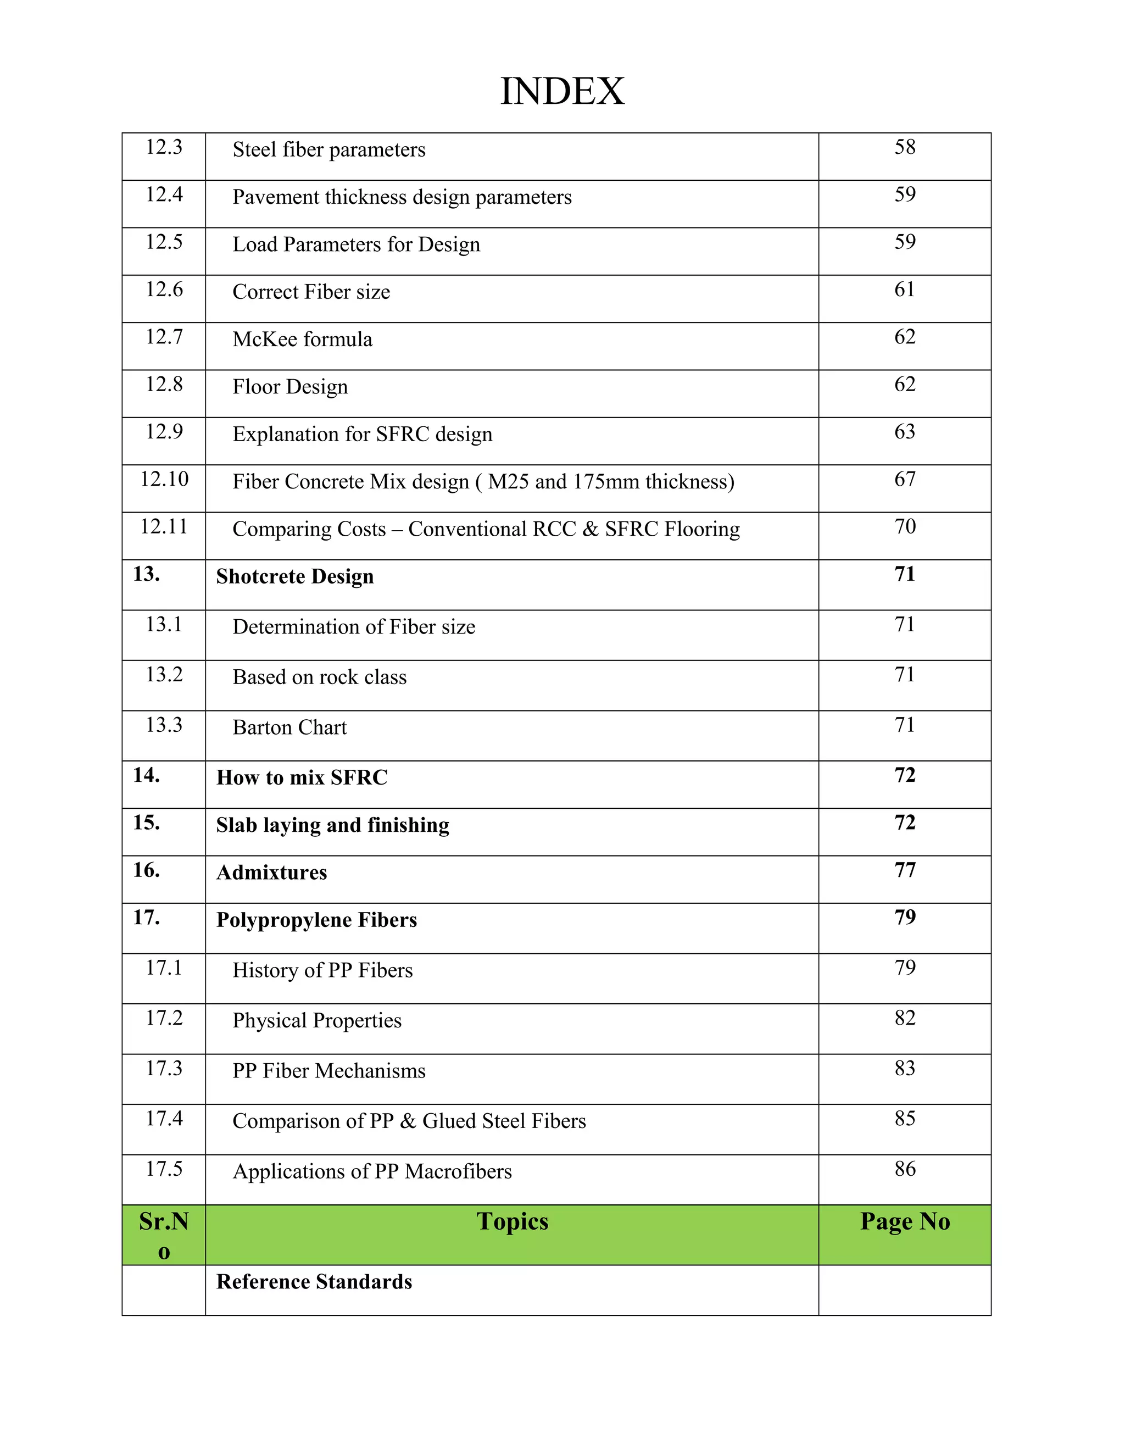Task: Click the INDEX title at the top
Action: (562, 91)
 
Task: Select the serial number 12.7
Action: (164, 337)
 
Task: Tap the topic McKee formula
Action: (302, 340)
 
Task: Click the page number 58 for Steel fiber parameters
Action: (904, 147)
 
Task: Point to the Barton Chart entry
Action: (289, 727)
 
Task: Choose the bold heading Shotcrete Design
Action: (294, 577)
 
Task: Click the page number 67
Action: (904, 479)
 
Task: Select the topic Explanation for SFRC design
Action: (362, 435)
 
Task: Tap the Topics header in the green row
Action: (512, 1221)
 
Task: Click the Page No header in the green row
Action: (904, 1221)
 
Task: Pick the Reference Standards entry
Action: (314, 1282)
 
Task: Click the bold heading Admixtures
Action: (271, 873)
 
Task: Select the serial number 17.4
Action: (164, 1119)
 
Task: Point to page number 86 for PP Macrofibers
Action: (904, 1169)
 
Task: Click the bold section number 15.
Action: (146, 823)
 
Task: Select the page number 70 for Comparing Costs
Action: (904, 527)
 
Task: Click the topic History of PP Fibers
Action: (322, 971)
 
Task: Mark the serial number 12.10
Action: (164, 479)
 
